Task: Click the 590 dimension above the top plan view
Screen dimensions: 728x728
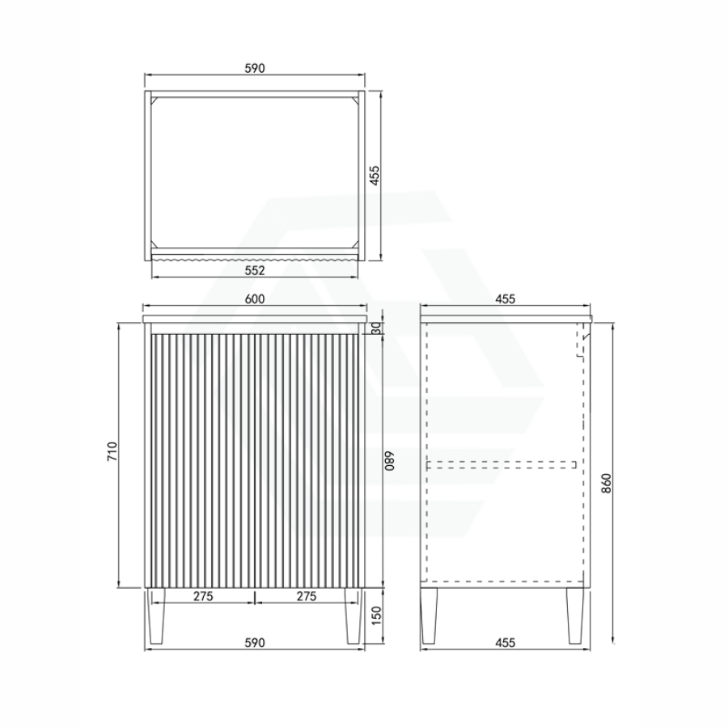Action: click(x=255, y=68)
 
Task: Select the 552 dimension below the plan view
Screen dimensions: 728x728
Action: click(x=255, y=270)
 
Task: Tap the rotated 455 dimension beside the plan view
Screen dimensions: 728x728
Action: click(x=375, y=176)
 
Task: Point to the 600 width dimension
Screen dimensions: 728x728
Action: click(x=255, y=299)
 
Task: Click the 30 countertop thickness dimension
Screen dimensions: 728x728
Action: click(x=375, y=328)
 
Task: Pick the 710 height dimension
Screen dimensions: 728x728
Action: click(x=112, y=451)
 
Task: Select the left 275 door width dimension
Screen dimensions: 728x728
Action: click(x=203, y=596)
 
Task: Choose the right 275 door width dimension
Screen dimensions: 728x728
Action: click(x=307, y=596)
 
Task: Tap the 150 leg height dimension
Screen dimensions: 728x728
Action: click(x=376, y=616)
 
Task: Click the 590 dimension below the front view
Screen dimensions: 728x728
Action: click(x=255, y=643)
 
